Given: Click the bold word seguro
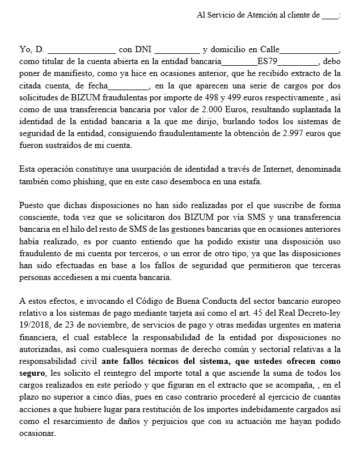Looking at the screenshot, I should pyautogui.click(x=32, y=373).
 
